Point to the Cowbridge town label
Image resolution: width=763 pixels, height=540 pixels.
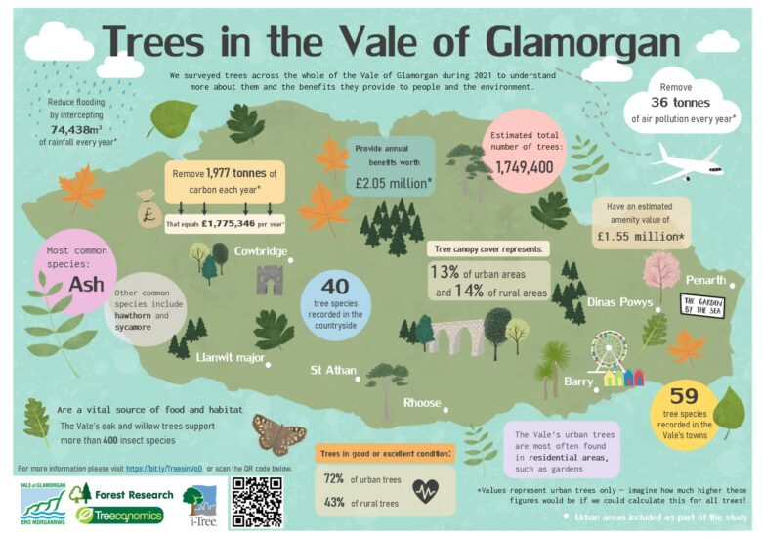260,251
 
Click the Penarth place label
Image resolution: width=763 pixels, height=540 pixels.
704,279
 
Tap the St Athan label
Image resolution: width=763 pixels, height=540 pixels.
330,370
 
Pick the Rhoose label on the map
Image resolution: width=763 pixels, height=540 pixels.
422,402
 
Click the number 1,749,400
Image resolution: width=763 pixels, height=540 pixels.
524,168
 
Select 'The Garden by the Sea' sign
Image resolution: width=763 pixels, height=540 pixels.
701,304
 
